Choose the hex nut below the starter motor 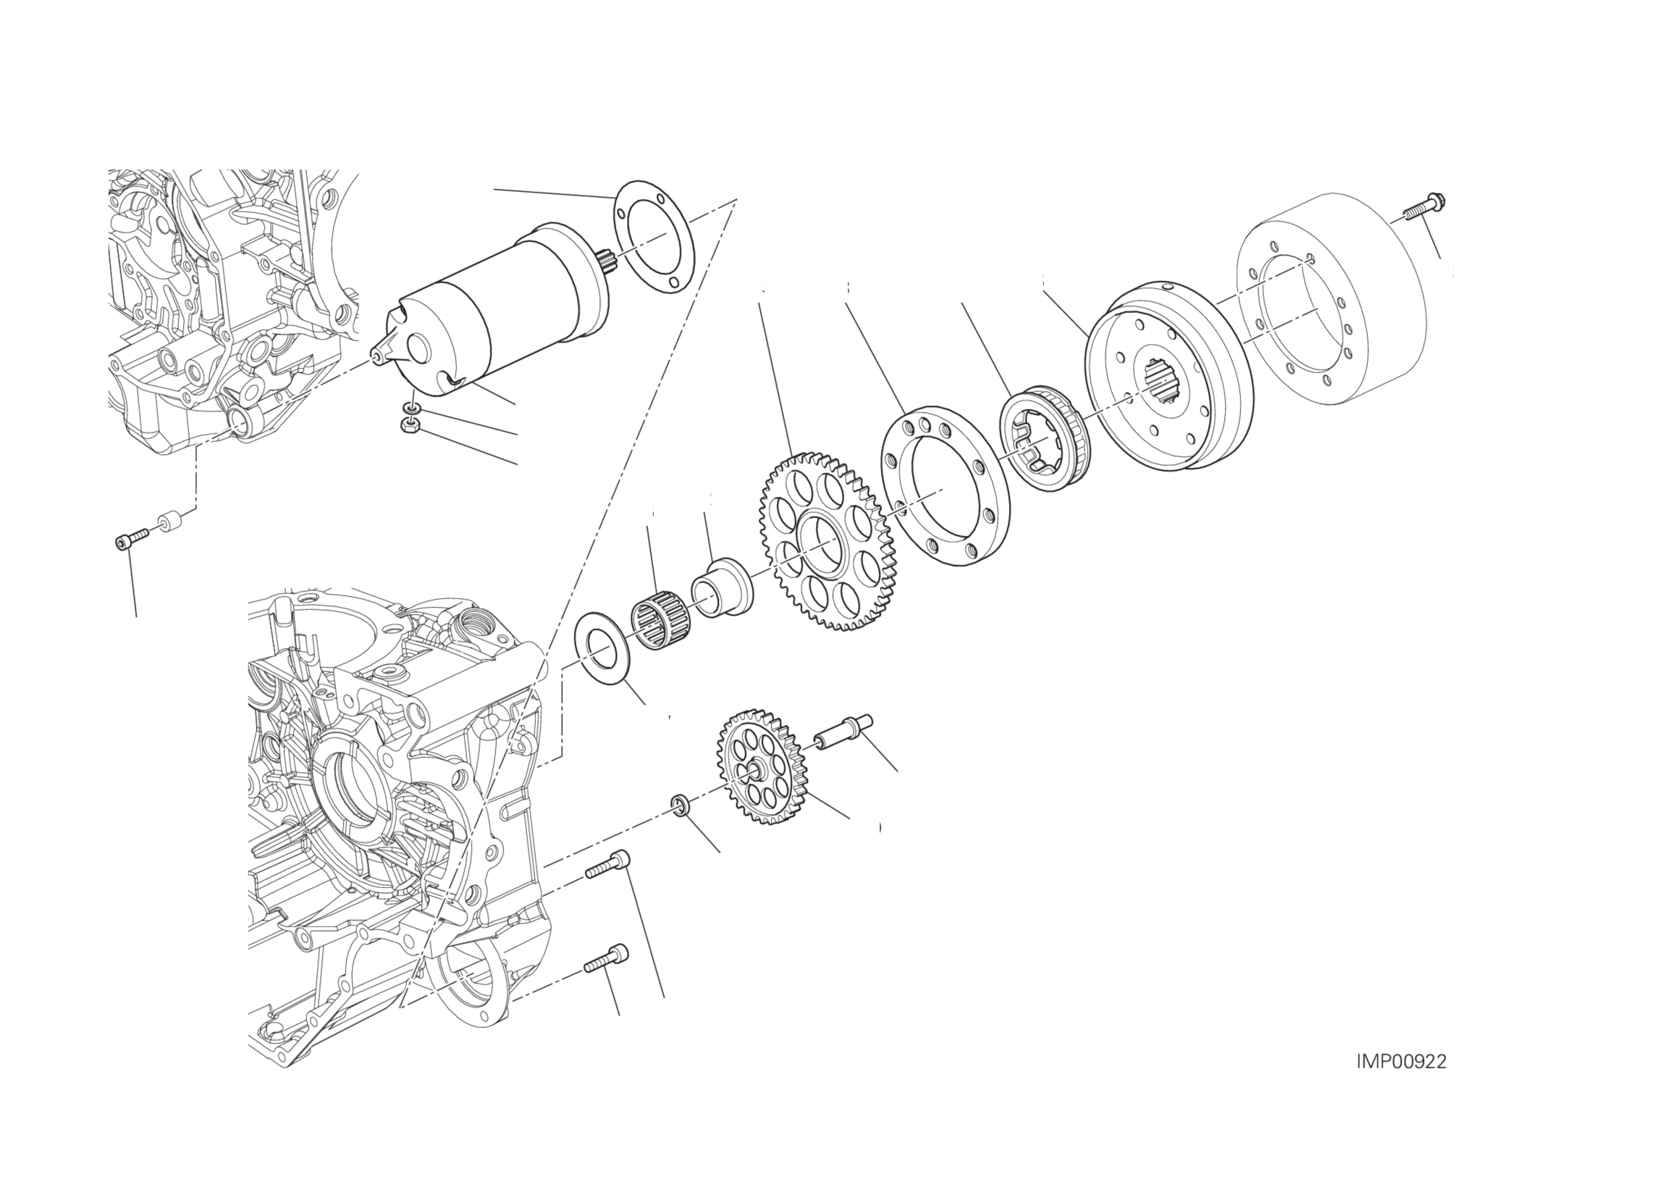[x=410, y=424]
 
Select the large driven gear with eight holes [x=825, y=541]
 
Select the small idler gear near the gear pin [x=762, y=766]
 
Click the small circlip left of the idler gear [x=680, y=805]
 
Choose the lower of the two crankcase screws [x=606, y=958]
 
